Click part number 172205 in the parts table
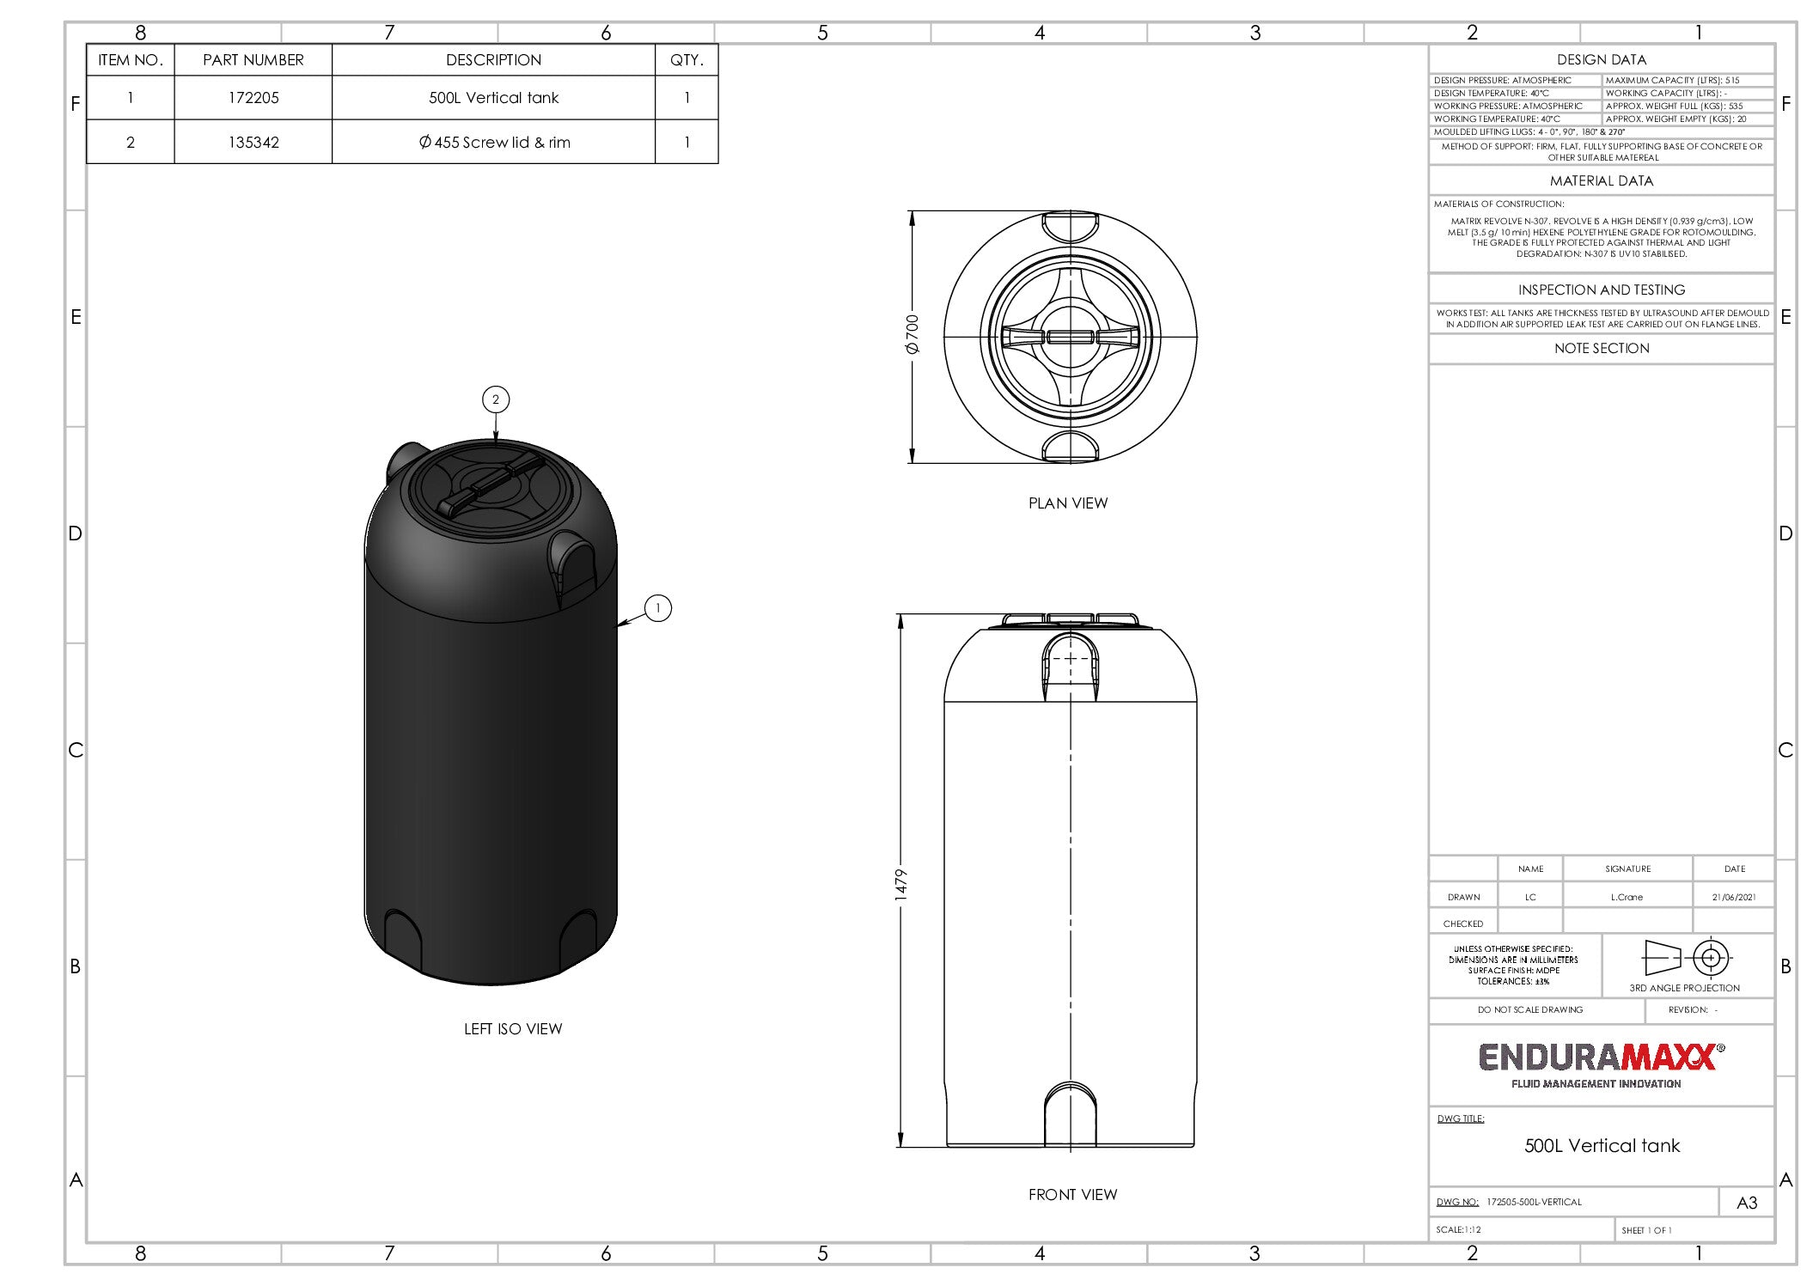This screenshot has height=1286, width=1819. click(x=253, y=98)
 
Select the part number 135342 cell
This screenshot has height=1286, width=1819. click(x=253, y=143)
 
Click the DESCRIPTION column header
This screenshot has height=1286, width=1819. click(x=493, y=60)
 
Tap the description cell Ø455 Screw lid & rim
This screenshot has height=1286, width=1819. click(x=494, y=143)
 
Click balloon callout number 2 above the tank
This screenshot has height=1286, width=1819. click(x=496, y=399)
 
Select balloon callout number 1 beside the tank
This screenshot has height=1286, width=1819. click(x=658, y=608)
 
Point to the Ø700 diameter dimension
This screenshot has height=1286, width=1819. click(x=913, y=335)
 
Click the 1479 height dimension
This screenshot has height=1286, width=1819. click(x=901, y=885)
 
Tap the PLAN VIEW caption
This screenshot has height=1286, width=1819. click(x=1068, y=503)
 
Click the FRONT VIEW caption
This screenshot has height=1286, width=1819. click(x=1072, y=1195)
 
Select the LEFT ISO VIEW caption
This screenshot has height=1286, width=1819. click(x=513, y=1029)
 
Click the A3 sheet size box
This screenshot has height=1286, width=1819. click(x=1746, y=1203)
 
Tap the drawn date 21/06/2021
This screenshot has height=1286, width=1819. click(x=1733, y=897)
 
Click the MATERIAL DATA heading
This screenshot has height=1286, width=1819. click(x=1601, y=181)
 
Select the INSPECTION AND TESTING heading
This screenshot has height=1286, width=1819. click(x=1601, y=290)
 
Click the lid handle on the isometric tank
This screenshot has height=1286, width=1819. click(x=491, y=486)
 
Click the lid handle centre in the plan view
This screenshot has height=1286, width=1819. click(x=1070, y=337)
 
